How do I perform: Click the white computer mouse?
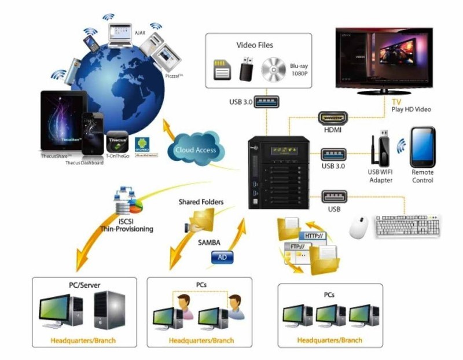point(359,227)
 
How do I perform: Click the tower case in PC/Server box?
point(109,310)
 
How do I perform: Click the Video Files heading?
point(255,45)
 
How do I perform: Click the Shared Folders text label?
point(201,202)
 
